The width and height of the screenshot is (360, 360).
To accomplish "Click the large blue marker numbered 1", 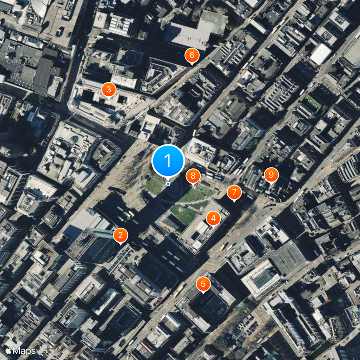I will pos(168,161).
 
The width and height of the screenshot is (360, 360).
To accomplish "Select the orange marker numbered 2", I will pos(120,235).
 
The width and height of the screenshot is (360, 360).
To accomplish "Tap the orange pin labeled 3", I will pos(108,90).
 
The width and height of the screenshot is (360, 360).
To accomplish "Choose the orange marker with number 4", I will pos(213,219).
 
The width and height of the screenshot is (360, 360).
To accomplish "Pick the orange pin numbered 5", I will pos(203,284).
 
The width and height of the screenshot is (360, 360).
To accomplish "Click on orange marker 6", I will pos(192,55).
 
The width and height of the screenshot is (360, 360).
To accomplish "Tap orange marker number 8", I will pos(193,176).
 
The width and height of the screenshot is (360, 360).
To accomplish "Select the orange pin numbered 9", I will pos(271,174).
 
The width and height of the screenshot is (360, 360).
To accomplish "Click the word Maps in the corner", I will pos(24,351).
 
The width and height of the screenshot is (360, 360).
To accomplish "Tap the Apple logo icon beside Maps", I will pos(9,350).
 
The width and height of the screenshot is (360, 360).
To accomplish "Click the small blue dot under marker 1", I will pos(168,184).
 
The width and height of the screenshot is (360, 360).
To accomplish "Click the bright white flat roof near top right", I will pos(320,54).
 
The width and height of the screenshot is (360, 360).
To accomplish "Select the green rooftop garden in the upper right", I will pos(313,101).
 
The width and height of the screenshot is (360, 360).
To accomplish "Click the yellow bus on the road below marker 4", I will pos(224,247).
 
